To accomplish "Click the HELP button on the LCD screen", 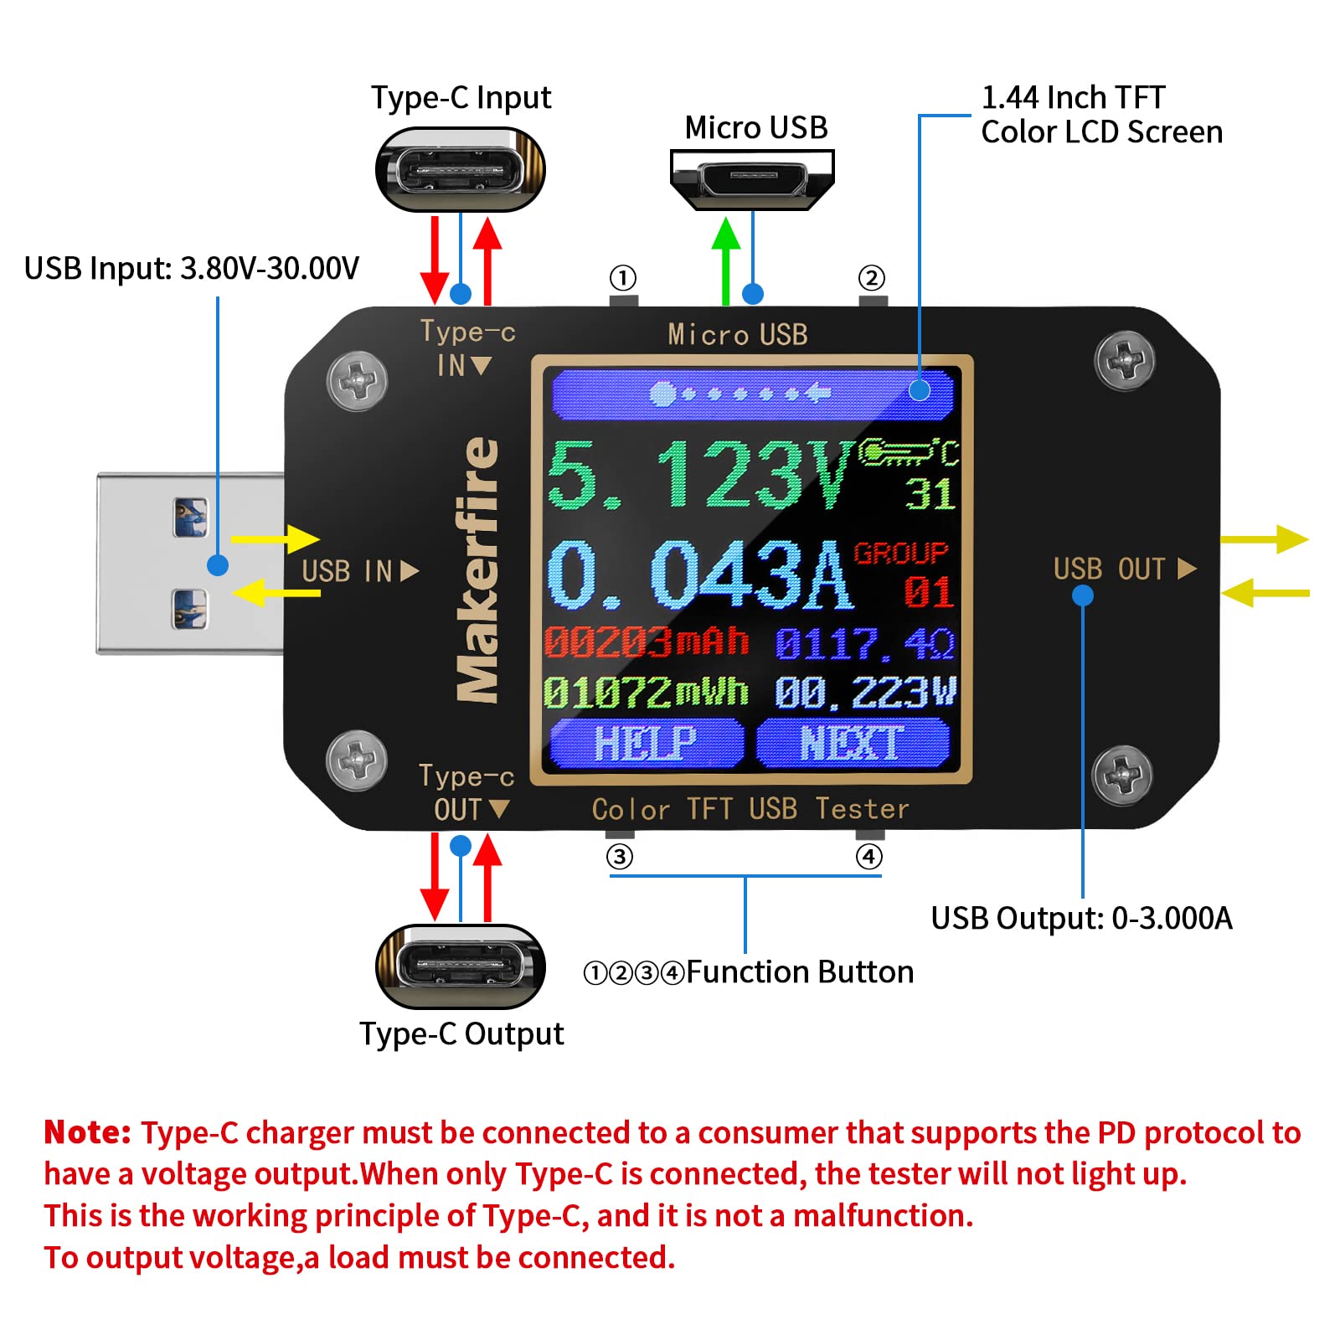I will (646, 743).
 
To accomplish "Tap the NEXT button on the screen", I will (852, 743).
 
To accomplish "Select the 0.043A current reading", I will (698, 575).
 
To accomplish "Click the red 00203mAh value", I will (646, 642).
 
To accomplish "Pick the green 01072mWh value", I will (646, 693).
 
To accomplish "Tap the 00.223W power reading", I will (864, 693).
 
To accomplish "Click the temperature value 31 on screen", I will (930, 494).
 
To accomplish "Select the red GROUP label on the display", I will (900, 554).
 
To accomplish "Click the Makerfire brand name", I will (477, 569).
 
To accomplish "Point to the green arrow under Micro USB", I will (725, 260).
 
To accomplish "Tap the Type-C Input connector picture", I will (461, 170).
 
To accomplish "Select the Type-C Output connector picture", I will (461, 966).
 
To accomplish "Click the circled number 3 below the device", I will (620, 857).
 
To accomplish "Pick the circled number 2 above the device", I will (871, 278).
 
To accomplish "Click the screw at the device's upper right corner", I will (1124, 361).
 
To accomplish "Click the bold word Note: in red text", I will (87, 1132).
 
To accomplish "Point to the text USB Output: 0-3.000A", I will (1081, 919).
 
